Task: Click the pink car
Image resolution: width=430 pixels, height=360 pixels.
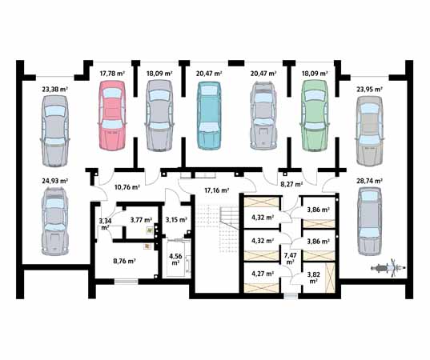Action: pyautogui.click(x=112, y=115)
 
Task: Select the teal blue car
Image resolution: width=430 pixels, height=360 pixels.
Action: pyautogui.click(x=209, y=115)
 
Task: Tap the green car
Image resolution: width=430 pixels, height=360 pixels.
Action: pyautogui.click(x=315, y=115)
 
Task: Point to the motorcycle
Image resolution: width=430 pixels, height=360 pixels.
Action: pyautogui.click(x=388, y=268)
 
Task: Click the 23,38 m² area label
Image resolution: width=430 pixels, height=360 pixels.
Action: pyautogui.click(x=55, y=89)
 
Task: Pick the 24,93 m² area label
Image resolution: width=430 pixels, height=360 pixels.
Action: pyautogui.click(x=55, y=181)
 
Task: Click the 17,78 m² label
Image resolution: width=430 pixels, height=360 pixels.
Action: pyautogui.click(x=112, y=74)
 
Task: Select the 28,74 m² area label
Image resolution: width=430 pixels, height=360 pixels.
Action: pyautogui.click(x=369, y=181)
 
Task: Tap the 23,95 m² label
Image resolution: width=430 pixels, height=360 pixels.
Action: pyautogui.click(x=369, y=89)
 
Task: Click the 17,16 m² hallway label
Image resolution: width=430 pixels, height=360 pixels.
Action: pyautogui.click(x=217, y=190)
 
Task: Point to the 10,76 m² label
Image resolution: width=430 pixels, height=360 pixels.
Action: pyautogui.click(x=127, y=187)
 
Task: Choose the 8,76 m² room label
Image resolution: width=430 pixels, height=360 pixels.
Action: pyautogui.click(x=124, y=261)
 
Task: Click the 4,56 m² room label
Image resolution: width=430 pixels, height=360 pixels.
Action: pyautogui.click(x=175, y=259)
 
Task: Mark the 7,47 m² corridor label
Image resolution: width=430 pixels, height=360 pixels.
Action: pyautogui.click(x=290, y=258)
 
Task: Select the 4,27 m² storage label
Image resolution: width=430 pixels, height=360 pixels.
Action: pyautogui.click(x=263, y=273)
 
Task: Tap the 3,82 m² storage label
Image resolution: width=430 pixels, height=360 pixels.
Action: pyautogui.click(x=314, y=278)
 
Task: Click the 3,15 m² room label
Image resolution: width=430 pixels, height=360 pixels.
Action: pyautogui.click(x=176, y=219)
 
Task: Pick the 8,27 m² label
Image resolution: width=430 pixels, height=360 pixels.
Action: pyautogui.click(x=291, y=184)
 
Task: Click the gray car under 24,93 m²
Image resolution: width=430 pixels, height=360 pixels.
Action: pyautogui.click(x=54, y=222)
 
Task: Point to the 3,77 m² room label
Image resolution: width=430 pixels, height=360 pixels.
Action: pyautogui.click(x=141, y=219)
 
